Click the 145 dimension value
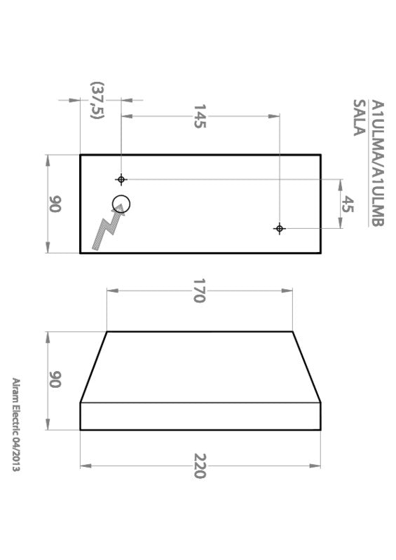coord(199,115)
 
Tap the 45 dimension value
coord(348,204)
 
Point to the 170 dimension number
coord(199,290)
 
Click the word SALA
coord(358,116)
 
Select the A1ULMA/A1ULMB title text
coord(376,163)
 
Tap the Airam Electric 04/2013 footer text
coord(15,424)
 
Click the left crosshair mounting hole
coord(121,180)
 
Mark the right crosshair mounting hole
coord(279,229)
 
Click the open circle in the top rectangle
coord(121,204)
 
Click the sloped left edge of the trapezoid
coord(93,367)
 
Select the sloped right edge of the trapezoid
coord(306,367)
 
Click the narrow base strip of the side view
coord(200,416)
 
